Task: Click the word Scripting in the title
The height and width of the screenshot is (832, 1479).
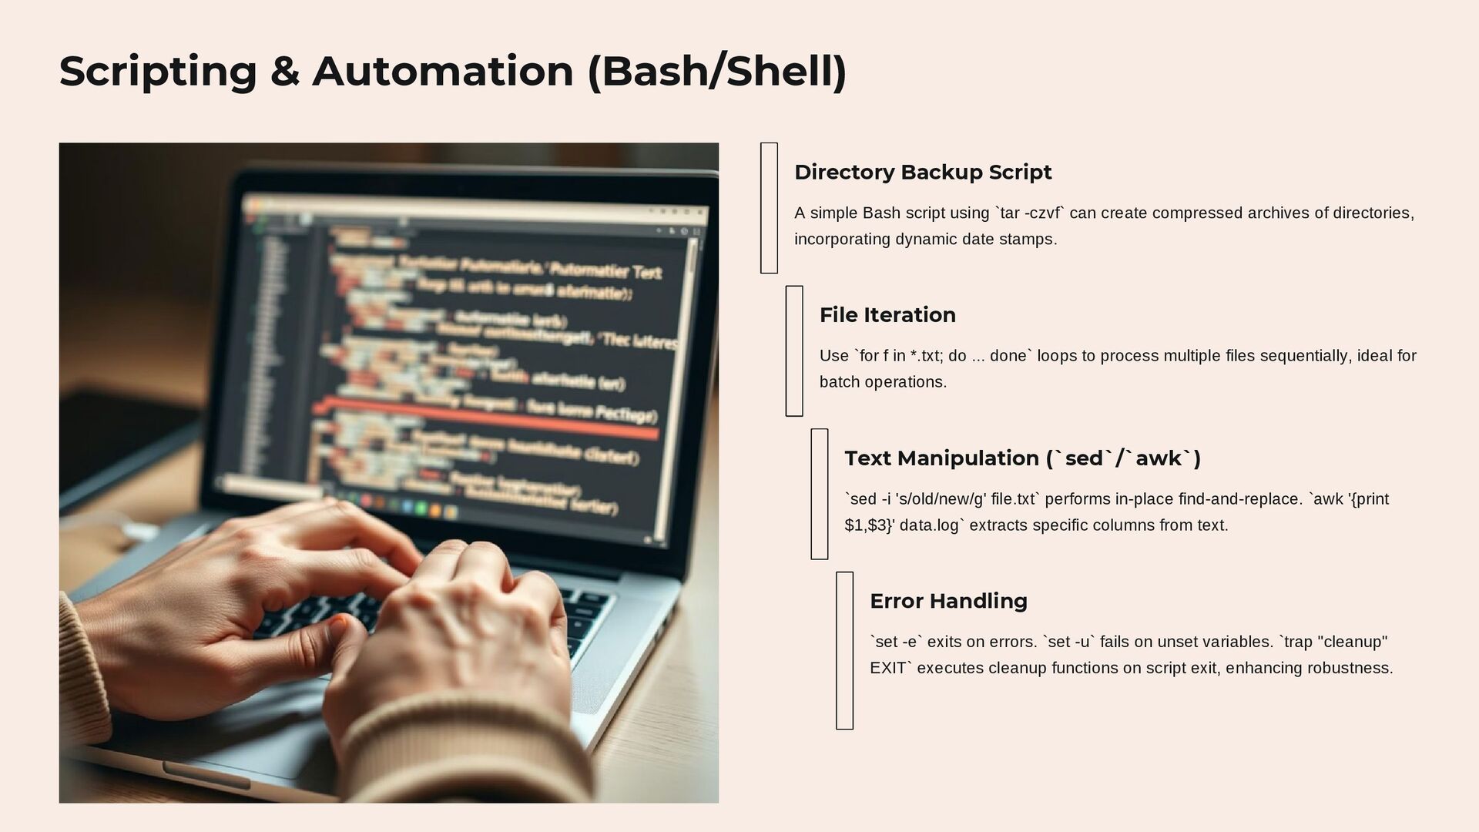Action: point(158,72)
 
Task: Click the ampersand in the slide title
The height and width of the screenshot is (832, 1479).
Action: point(284,72)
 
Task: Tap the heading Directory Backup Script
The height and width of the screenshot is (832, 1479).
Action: point(922,172)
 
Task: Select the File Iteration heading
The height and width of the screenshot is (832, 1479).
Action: point(887,315)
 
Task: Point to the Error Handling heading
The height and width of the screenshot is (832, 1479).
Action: point(947,601)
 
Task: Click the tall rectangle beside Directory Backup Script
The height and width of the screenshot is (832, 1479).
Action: point(768,207)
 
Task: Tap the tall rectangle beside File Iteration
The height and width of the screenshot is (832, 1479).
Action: point(793,351)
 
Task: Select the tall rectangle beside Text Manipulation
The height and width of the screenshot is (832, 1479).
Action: point(819,494)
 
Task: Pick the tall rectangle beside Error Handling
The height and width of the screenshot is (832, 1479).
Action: point(844,650)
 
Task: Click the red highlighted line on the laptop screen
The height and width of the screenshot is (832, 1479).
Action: point(493,421)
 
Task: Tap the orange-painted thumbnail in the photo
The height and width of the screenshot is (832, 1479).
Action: point(337,621)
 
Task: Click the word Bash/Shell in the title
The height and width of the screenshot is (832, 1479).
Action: point(716,72)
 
